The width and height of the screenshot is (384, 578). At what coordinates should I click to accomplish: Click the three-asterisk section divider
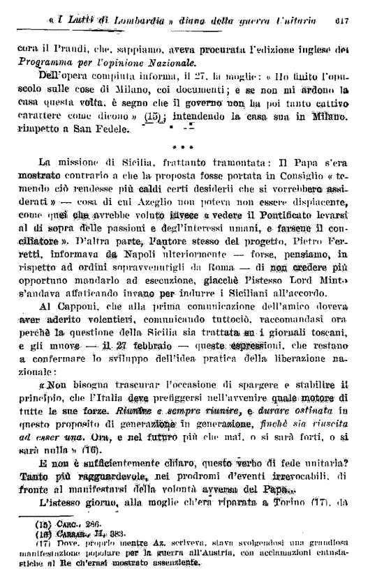[192, 147]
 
